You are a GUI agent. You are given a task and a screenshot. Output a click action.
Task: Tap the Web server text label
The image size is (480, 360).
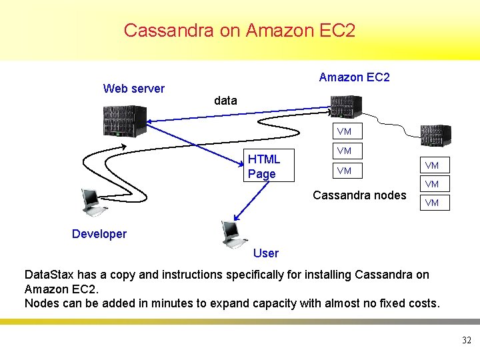click(133, 89)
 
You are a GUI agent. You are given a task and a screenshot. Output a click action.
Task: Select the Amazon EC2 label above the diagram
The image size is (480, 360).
click(354, 77)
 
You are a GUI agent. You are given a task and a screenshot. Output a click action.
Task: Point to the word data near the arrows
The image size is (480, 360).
click(225, 101)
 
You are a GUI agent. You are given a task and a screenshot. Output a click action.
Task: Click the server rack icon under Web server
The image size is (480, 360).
click(125, 121)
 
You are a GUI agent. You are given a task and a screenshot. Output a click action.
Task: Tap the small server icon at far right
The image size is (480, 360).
click(435, 135)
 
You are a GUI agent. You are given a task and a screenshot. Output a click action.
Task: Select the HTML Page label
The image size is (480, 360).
click(264, 166)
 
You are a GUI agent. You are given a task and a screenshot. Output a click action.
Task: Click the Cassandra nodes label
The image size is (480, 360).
click(359, 195)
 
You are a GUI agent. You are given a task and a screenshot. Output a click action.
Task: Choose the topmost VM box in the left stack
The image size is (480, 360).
click(344, 131)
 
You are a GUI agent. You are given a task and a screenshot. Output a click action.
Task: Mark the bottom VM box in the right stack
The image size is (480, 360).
click(432, 203)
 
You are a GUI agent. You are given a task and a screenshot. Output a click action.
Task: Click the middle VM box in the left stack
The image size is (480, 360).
click(344, 151)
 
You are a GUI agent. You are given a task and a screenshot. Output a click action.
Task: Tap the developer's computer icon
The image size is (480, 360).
click(91, 202)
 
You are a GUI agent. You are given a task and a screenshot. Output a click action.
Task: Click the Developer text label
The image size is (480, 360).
click(99, 234)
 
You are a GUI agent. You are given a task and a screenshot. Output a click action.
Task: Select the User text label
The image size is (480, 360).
click(266, 253)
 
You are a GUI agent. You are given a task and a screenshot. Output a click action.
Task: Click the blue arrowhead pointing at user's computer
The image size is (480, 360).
click(237, 217)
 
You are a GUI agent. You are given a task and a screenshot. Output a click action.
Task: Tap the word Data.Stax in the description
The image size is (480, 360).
click(49, 275)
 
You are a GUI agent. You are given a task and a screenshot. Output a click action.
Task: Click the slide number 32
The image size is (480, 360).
click(466, 341)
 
